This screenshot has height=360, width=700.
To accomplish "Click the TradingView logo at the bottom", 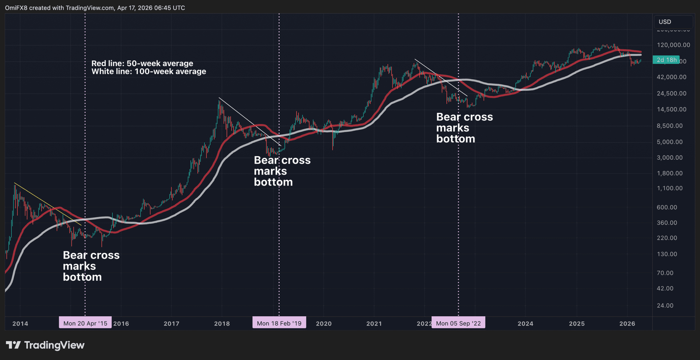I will coord(45,345).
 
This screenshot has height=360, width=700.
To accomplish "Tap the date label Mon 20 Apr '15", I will coord(85,323).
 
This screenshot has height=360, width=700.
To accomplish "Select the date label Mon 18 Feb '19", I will coord(279,323).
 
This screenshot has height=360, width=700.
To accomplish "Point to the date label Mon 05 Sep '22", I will coord(458,323).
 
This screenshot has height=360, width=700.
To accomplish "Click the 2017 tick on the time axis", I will coord(171,324).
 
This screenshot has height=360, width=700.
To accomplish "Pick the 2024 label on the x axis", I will coord(525,324).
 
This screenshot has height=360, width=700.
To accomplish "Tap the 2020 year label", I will coord(324,324).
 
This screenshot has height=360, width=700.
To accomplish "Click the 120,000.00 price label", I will coord(673,45).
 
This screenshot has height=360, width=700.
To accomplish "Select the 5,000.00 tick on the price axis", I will coord(669,142).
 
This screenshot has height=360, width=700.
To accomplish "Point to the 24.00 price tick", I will coord(665,305).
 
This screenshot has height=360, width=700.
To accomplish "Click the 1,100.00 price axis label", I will coord(669,188).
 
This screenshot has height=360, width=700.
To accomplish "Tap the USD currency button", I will coord(665,22).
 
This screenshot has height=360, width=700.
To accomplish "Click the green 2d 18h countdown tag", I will coord(666,60).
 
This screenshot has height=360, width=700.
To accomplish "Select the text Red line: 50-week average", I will coord(142,63).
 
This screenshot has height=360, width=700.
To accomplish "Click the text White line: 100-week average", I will coord(149,71).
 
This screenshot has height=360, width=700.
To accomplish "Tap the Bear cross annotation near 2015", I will coord(91,266).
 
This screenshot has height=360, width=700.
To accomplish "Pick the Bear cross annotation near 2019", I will coord(282,171).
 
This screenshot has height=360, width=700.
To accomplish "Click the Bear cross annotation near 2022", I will coord(464,128).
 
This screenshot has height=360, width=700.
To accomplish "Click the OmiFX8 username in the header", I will coord(16,8).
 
